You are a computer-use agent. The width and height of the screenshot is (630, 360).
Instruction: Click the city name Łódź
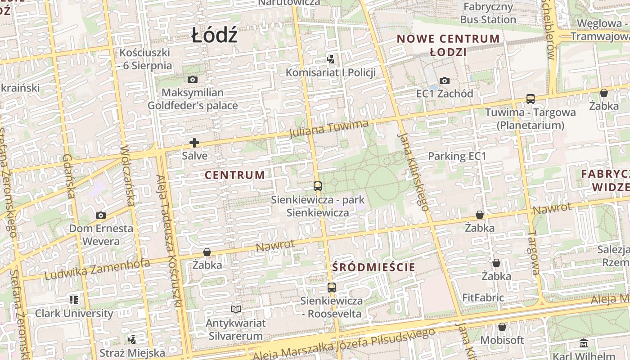[x=214, y=35]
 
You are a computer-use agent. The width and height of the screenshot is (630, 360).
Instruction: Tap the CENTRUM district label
[x=235, y=175]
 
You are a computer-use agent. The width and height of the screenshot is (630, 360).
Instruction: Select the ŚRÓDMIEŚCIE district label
[x=373, y=267]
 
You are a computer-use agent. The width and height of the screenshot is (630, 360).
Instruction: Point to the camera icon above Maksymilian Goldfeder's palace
[x=193, y=80]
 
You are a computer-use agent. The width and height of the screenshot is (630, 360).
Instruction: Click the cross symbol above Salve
[x=194, y=143]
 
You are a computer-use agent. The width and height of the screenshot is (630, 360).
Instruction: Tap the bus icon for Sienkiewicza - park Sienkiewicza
[x=318, y=186]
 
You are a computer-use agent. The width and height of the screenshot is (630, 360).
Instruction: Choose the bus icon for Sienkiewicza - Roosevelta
[x=332, y=287]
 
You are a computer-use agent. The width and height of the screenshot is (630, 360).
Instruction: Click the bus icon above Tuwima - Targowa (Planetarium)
[x=531, y=99]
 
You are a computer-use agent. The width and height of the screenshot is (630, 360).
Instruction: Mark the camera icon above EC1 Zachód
[x=445, y=81]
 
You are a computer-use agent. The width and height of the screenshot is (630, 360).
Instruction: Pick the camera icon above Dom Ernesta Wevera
[x=101, y=215]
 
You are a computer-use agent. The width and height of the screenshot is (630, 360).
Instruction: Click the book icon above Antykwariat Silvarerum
[x=236, y=309]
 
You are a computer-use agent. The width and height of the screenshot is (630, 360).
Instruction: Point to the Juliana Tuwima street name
[x=329, y=129]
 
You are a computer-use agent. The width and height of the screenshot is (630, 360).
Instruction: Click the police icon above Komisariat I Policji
[x=331, y=59]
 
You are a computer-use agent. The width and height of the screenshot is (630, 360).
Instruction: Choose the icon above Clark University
[x=74, y=300]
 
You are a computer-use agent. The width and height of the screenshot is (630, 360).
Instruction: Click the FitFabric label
[x=483, y=298]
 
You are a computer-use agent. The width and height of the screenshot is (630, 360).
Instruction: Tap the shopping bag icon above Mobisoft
[x=502, y=327]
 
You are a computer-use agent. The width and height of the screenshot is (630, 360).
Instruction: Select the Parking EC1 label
[x=457, y=156]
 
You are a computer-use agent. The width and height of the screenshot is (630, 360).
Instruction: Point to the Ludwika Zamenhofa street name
[x=97, y=269]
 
